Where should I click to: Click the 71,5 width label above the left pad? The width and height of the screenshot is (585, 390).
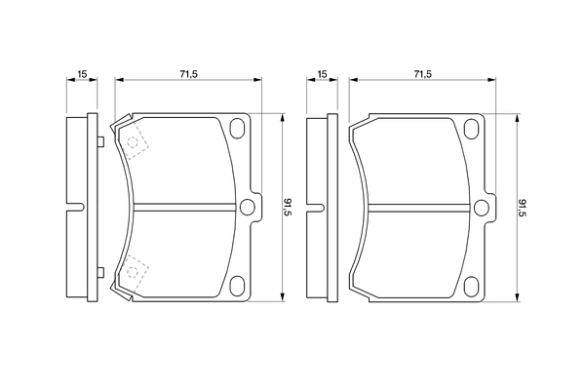point(188,74)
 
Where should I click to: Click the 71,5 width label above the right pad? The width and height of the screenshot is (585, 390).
point(423,74)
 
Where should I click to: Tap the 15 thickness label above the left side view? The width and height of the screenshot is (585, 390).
point(82,74)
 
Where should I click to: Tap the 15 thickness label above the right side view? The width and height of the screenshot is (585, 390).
point(322,74)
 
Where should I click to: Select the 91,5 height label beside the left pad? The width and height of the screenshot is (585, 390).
point(289,208)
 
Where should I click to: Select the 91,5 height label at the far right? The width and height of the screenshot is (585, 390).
point(523,209)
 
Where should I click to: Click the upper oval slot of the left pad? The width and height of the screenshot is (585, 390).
point(237,128)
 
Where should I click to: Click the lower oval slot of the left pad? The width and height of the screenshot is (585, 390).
point(237,287)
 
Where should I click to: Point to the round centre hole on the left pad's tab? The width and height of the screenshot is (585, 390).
point(247,207)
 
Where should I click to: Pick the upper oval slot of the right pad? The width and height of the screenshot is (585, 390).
point(471,129)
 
